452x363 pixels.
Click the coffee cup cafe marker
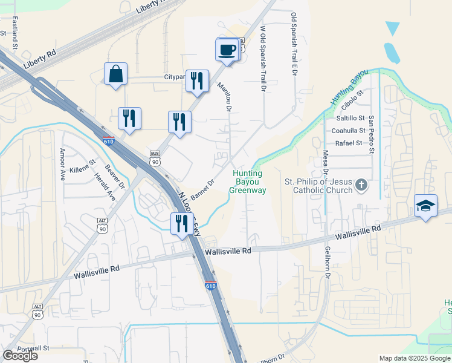pyautogui.click(x=227, y=50)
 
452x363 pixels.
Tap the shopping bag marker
pyautogui.click(x=115, y=74)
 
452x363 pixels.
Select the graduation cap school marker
pyautogui.click(x=425, y=206)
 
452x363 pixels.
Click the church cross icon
pyautogui.click(x=361, y=185)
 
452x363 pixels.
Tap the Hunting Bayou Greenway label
pyautogui.click(x=247, y=182)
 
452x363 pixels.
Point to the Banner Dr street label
pyautogui.click(x=203, y=190)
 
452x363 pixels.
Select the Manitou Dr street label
pyautogui.click(x=225, y=97)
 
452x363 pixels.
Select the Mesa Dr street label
pyautogui.click(x=325, y=164)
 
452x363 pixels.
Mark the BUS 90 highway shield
pyautogui.click(x=155, y=159)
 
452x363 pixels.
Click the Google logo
pyautogui.click(x=20, y=356)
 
